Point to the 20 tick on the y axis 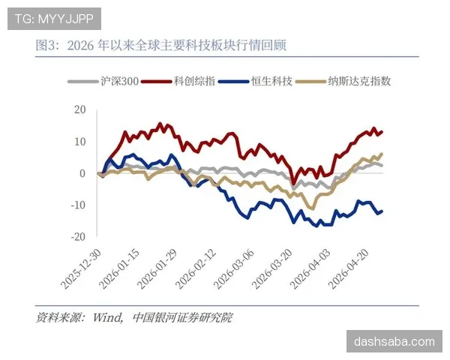click(80, 109)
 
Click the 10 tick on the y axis click(80, 141)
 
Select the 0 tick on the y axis click(83, 173)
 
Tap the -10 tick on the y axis click(79, 205)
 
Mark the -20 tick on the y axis click(79, 236)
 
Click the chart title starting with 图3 click(160, 46)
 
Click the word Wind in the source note click(107, 318)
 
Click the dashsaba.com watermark click(394, 341)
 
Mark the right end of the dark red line click(382, 132)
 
